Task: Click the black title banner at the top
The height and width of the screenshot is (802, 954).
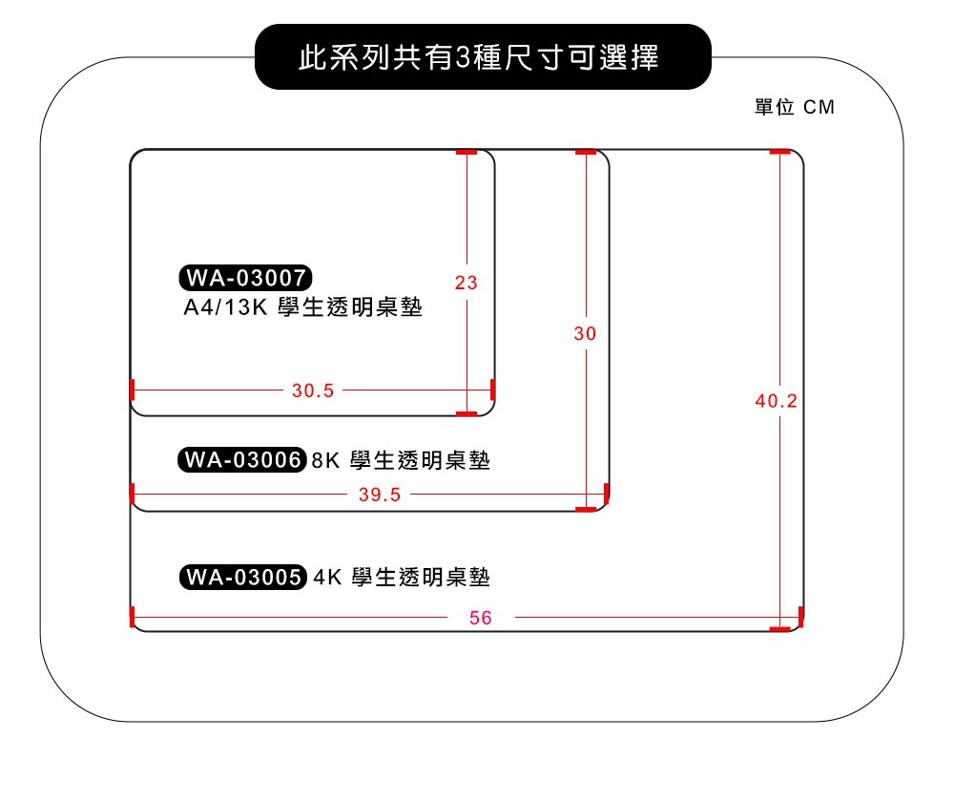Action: [x=483, y=56]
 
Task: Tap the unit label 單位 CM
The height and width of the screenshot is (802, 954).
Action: [x=794, y=107]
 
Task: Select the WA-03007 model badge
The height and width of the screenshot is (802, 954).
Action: [x=245, y=278]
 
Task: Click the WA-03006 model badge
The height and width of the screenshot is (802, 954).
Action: [x=241, y=459]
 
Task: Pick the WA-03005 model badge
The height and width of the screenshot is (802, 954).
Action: [x=242, y=577]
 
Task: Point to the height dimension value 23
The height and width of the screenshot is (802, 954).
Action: [x=467, y=283]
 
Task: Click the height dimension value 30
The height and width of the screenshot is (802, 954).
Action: [x=586, y=334]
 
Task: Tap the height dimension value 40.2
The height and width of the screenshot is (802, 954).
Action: [x=777, y=401]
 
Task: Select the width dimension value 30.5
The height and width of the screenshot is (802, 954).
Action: [x=313, y=390]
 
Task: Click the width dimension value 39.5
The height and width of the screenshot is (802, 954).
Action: [x=380, y=495]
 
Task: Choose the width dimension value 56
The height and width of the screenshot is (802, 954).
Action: [x=481, y=618]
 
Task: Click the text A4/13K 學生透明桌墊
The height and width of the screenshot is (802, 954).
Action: [x=303, y=306]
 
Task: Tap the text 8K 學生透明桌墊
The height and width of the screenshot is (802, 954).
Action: [x=401, y=460]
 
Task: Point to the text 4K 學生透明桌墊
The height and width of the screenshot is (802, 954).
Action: [x=402, y=577]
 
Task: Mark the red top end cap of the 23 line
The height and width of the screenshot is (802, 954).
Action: [x=467, y=152]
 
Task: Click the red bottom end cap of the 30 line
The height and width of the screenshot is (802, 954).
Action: [x=586, y=509]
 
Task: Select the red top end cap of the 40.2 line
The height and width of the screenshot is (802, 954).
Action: [x=780, y=152]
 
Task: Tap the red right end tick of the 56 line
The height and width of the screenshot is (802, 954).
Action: [x=800, y=616]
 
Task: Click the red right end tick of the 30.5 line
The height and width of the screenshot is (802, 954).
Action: [x=493, y=390]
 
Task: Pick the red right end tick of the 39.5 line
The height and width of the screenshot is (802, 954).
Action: [x=606, y=494]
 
